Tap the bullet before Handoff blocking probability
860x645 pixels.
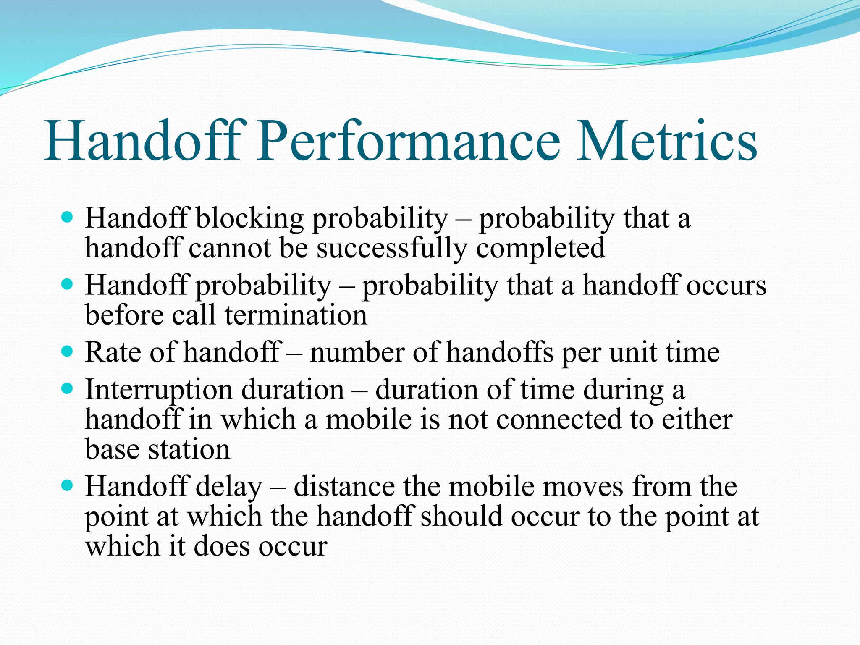tap(67, 218)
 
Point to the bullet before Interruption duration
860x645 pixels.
tap(67, 388)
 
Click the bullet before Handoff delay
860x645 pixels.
tap(67, 486)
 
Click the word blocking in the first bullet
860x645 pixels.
tap(249, 219)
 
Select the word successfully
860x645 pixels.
tap(391, 249)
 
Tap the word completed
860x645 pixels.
tap(540, 249)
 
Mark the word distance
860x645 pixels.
tap(344, 487)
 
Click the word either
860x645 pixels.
tap(697, 420)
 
